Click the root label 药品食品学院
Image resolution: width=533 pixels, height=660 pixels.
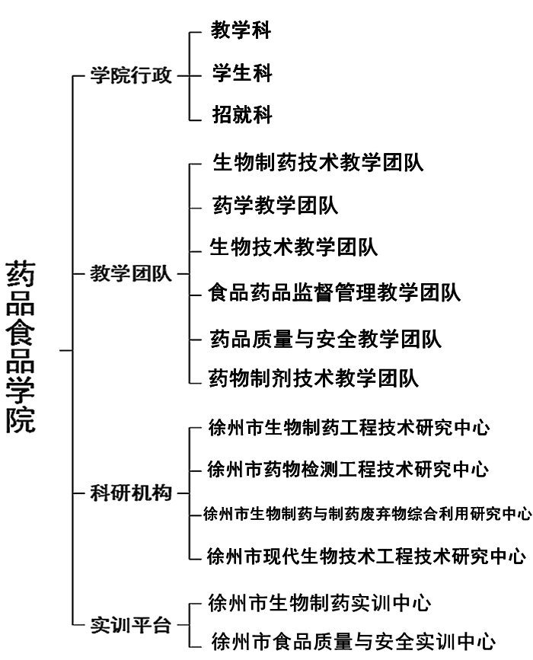coord(21,347)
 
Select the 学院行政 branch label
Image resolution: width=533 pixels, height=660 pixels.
coord(131,75)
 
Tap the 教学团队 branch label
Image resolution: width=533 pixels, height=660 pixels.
coord(131,273)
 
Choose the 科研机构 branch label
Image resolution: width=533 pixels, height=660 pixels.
coord(131,493)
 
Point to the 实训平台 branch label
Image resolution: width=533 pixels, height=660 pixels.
coord(131,625)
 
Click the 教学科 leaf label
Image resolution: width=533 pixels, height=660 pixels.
coord(241,30)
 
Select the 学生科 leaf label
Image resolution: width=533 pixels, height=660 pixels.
coord(242,73)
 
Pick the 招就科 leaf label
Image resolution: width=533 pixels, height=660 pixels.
coord(242,114)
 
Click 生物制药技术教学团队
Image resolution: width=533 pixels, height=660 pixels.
coord(318,162)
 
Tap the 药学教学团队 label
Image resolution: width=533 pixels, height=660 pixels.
coord(276,206)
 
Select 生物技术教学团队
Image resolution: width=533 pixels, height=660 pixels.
coord(293,247)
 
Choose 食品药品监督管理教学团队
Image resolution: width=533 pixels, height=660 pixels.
coord(334,292)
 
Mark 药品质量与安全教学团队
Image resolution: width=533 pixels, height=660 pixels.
coord(325,340)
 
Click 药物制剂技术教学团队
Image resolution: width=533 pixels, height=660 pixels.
coord(314,378)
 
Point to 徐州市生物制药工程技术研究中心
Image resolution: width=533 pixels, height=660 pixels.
coord(349,428)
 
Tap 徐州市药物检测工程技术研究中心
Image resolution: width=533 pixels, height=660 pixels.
coord(348,470)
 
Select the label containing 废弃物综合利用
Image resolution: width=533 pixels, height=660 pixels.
coord(368,514)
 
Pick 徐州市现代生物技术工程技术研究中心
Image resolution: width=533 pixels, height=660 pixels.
coord(366,556)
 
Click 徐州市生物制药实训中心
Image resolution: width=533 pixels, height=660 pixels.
coord(320,603)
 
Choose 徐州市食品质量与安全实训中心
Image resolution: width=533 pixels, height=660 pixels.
coord(353,642)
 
